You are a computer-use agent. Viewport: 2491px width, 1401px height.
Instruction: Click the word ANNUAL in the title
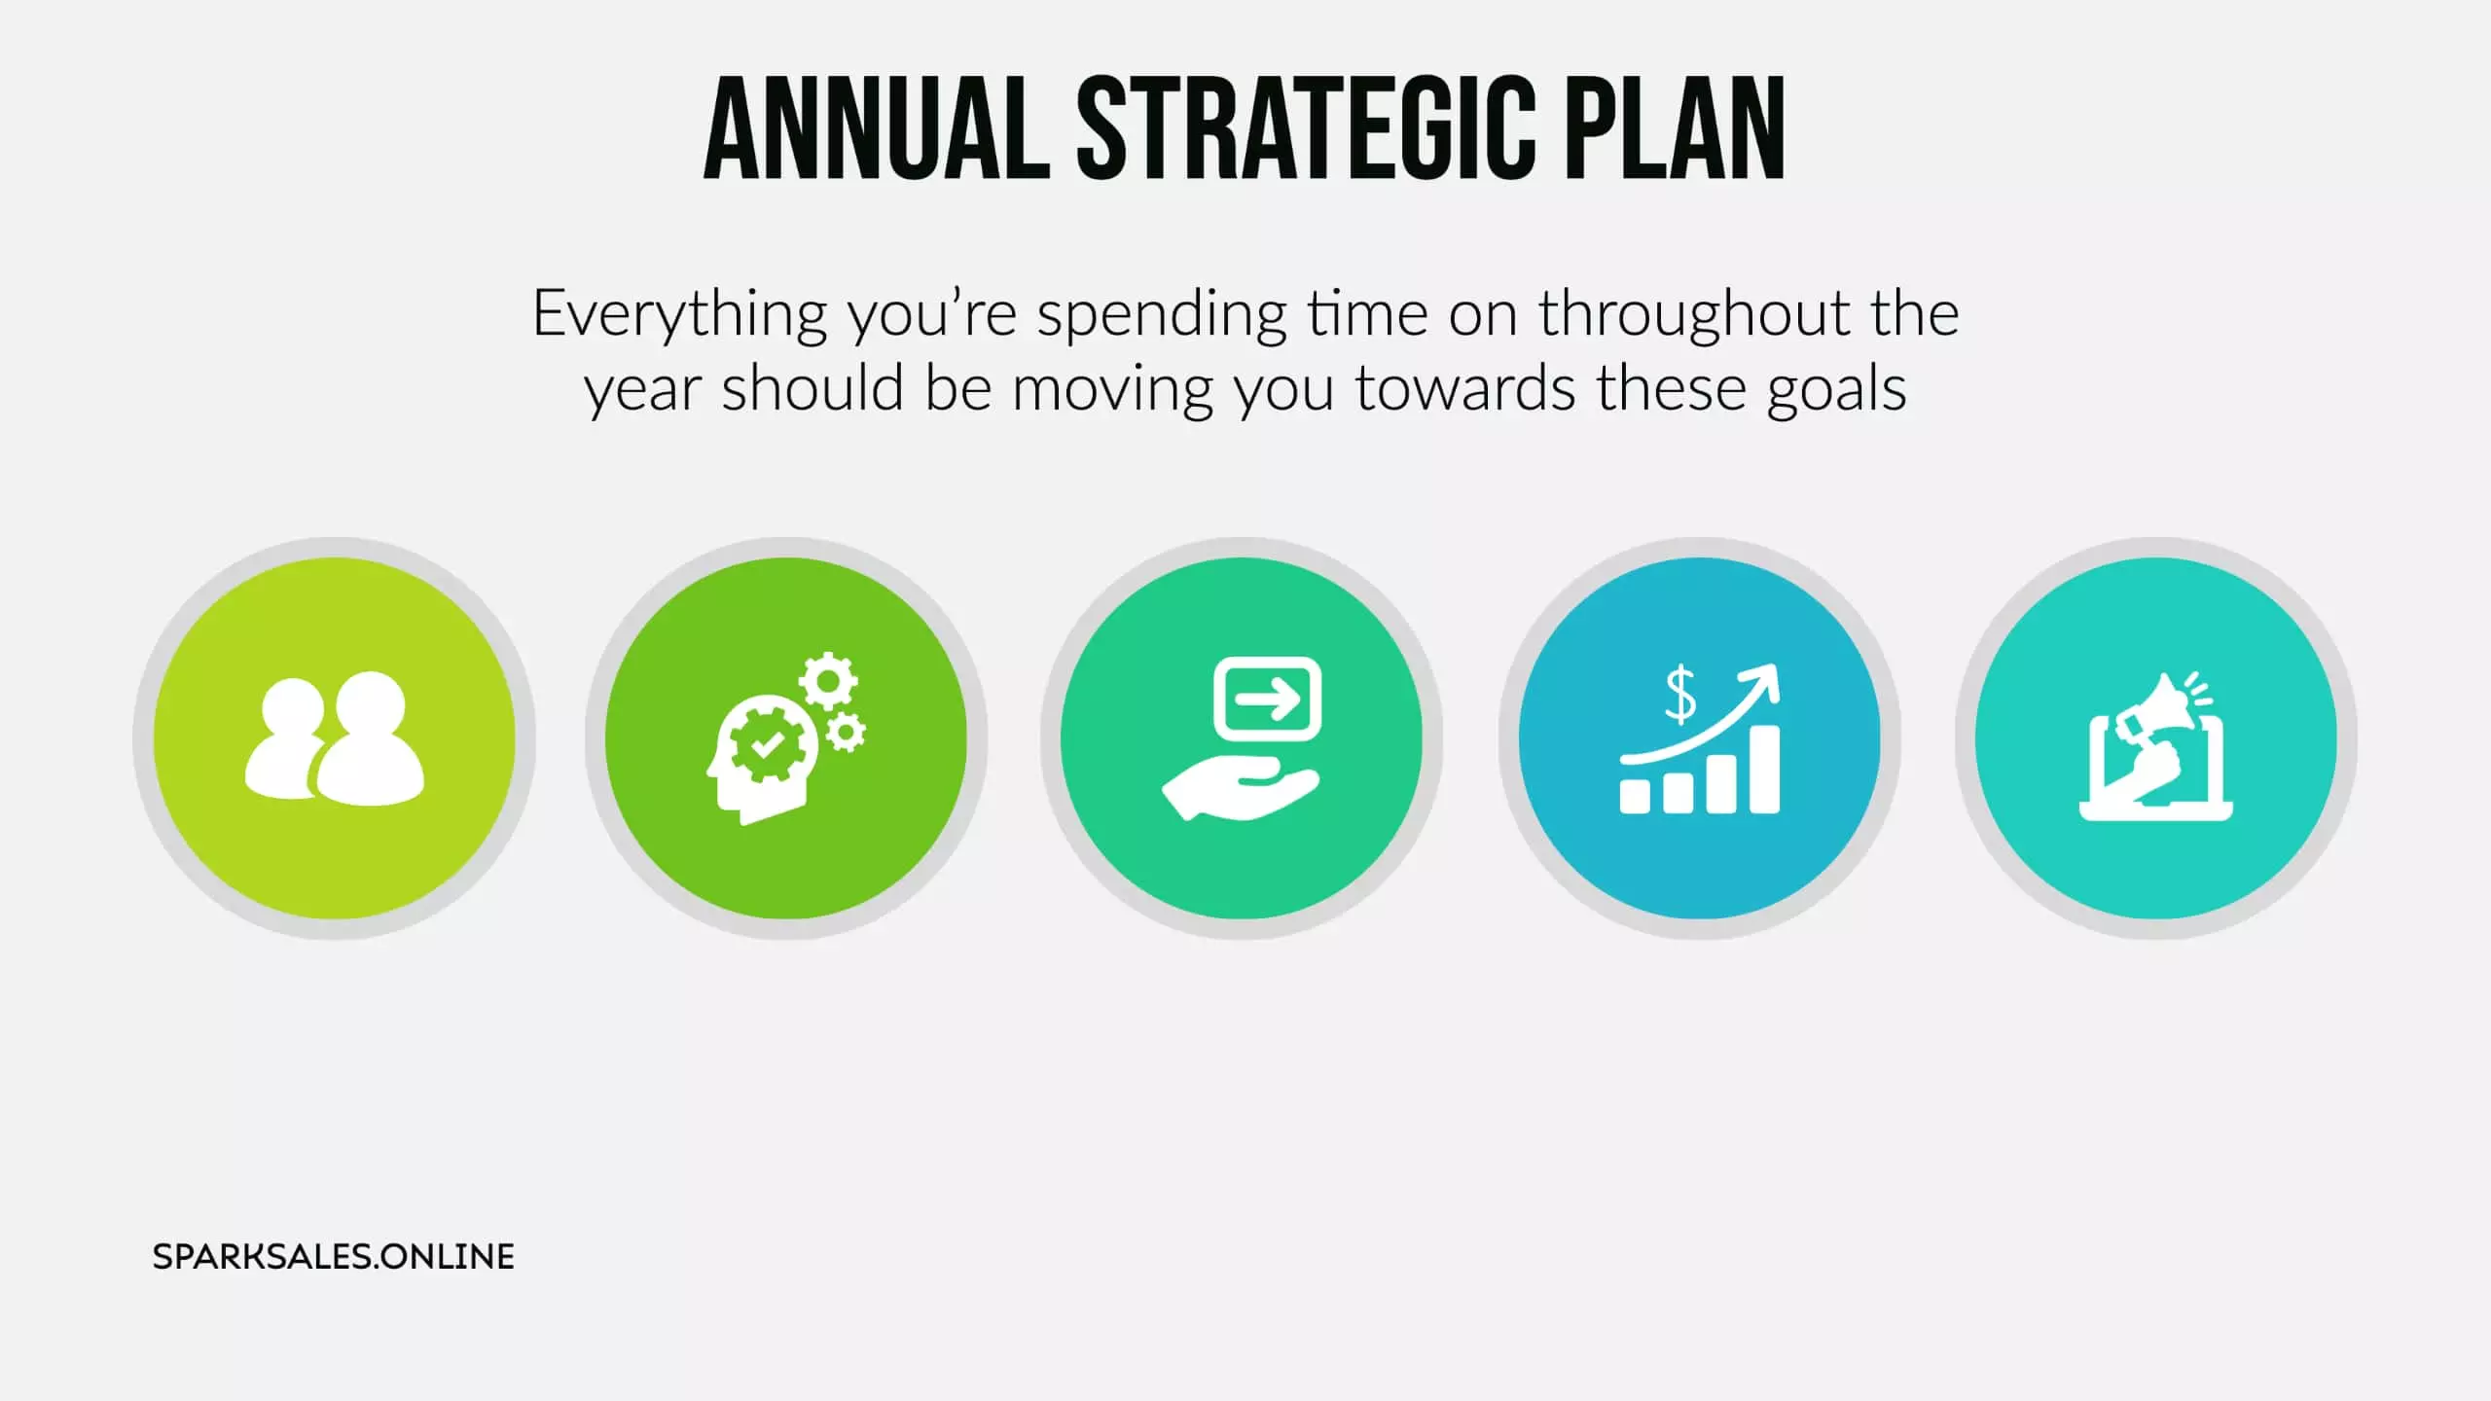click(x=877, y=129)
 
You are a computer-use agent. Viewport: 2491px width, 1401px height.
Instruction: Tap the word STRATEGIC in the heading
click(x=1306, y=129)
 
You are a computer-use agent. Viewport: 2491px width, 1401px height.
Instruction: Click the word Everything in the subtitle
click(x=679, y=316)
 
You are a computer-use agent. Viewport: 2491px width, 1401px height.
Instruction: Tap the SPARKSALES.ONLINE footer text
click(x=334, y=1257)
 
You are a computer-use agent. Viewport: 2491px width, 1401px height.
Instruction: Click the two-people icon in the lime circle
click(x=335, y=737)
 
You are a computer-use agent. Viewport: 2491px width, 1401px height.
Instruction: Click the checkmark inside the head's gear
click(x=767, y=745)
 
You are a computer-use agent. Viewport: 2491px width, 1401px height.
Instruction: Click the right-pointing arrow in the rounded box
click(x=1268, y=699)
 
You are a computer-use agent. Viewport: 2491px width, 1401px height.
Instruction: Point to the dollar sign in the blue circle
click(x=1680, y=695)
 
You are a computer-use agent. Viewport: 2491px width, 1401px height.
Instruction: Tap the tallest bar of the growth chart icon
click(x=1764, y=770)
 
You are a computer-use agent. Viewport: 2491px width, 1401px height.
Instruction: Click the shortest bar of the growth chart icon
click(x=1635, y=795)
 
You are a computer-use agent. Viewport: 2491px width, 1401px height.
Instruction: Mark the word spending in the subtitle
click(x=1162, y=316)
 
